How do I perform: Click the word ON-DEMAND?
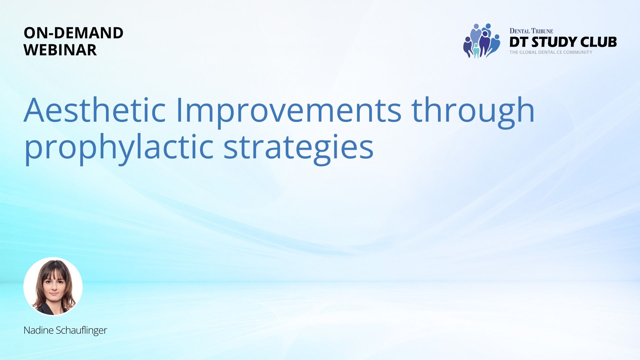click(x=74, y=33)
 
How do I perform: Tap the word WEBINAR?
click(x=60, y=50)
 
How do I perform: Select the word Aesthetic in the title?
click(x=95, y=110)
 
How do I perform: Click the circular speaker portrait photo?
click(x=53, y=286)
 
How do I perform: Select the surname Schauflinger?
click(x=81, y=330)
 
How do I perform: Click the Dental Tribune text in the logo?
click(x=531, y=31)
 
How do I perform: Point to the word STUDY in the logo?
click(x=554, y=42)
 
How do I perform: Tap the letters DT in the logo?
click(x=519, y=42)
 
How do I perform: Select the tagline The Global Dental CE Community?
click(x=551, y=52)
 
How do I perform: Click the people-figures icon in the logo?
click(x=481, y=41)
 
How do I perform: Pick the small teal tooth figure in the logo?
click(x=476, y=51)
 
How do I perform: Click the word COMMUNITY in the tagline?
click(x=578, y=52)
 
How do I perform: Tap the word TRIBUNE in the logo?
click(x=542, y=31)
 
